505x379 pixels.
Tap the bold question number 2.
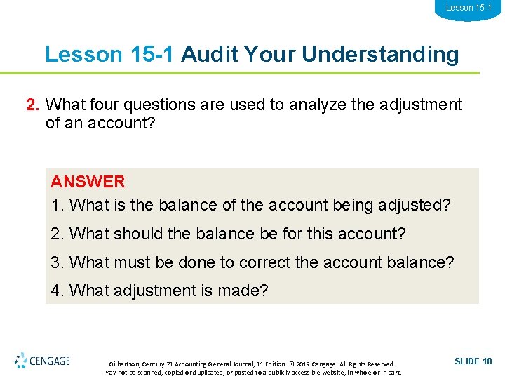(32, 105)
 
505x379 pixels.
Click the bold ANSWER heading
(88, 182)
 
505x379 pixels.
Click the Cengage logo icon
(21, 361)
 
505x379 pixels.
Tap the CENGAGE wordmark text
(50, 361)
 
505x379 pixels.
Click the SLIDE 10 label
(473, 361)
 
